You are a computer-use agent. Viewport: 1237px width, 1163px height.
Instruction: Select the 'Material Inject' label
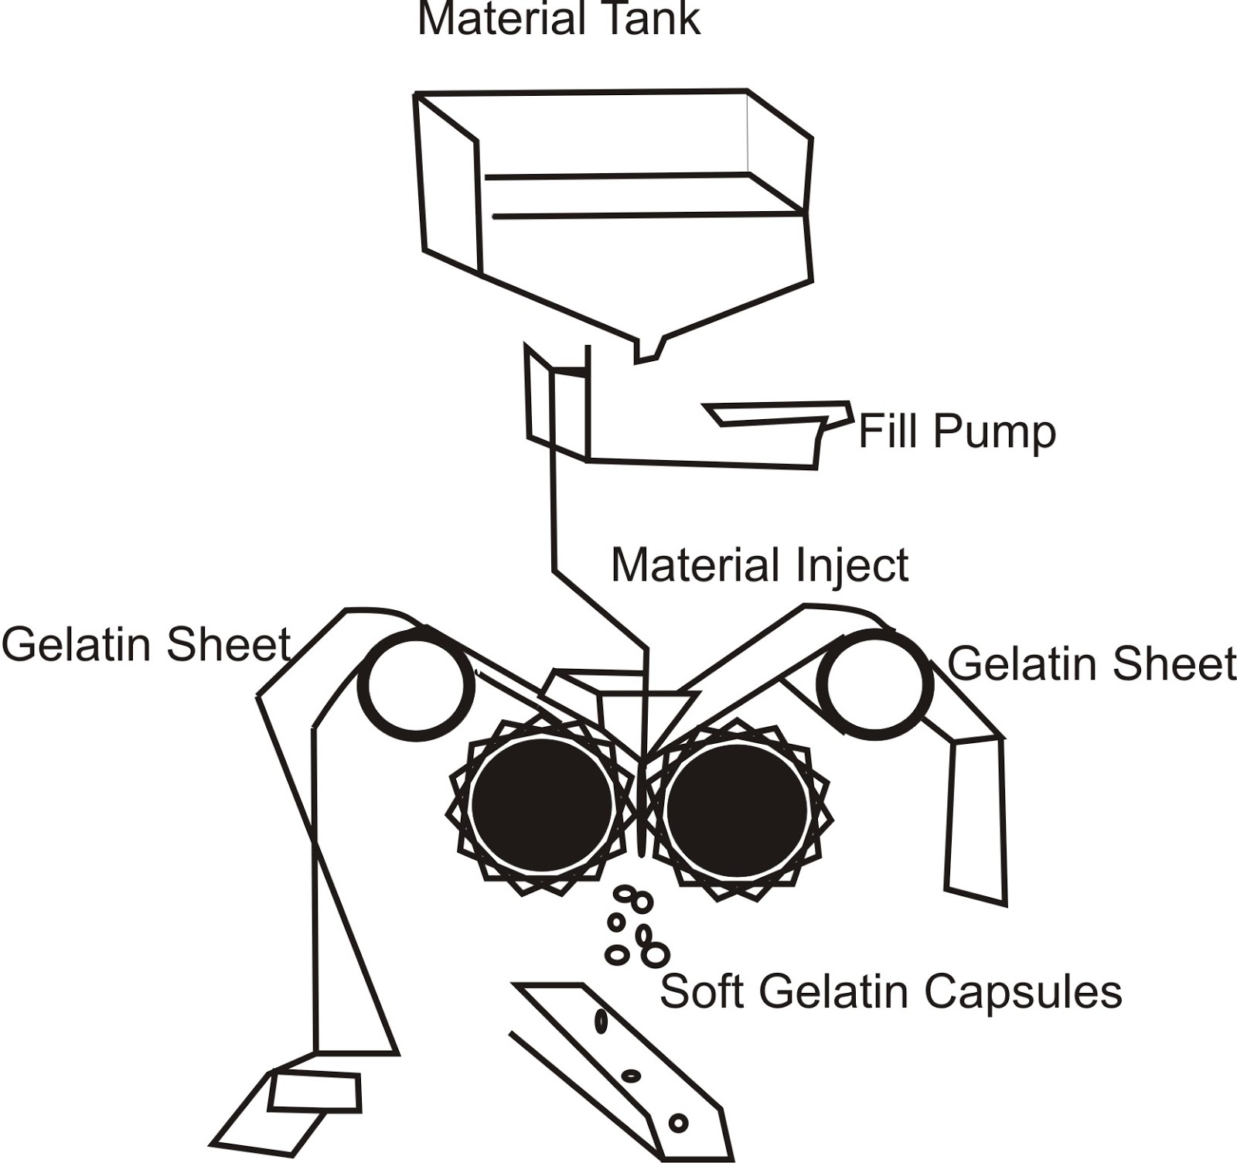point(759,565)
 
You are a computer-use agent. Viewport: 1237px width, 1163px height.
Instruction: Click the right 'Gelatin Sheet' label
point(1091,663)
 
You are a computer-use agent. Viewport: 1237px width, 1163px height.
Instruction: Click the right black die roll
point(736,807)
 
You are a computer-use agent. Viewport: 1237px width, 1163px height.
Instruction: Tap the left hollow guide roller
point(417,684)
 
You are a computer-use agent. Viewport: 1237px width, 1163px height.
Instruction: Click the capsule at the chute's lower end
point(678,1122)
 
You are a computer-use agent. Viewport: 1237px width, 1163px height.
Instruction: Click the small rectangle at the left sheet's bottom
point(315,1092)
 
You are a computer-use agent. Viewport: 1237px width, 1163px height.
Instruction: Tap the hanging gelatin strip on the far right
point(976,820)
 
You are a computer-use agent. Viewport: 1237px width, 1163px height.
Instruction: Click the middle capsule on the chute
point(632,1075)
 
